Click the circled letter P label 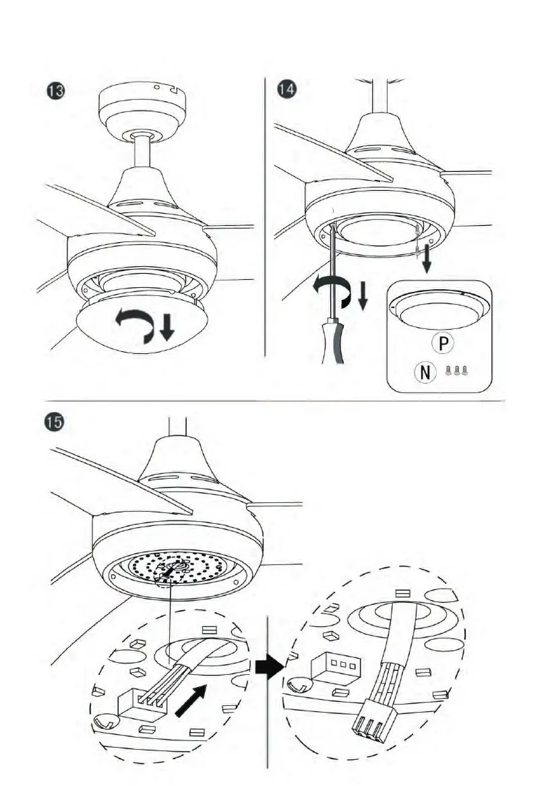tap(443, 344)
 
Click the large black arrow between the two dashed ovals tap(268, 667)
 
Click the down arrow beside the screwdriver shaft tap(363, 297)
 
